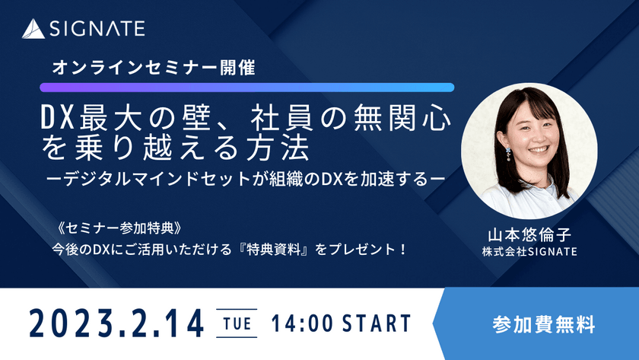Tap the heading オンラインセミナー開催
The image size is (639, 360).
(153, 67)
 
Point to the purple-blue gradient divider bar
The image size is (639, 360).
(247, 88)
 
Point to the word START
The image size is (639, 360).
(373, 323)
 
